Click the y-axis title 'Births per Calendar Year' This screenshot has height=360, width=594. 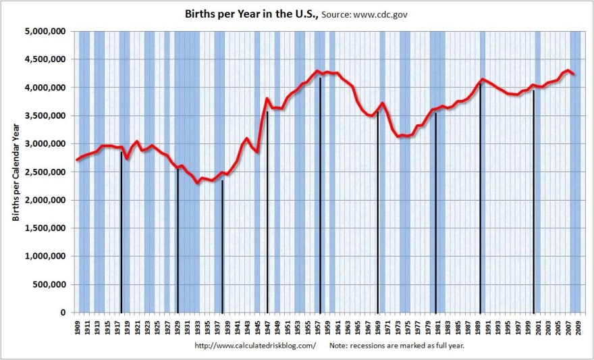(x=15, y=172)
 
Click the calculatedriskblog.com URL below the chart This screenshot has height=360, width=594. (x=254, y=346)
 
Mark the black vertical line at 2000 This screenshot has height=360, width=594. (x=534, y=203)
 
